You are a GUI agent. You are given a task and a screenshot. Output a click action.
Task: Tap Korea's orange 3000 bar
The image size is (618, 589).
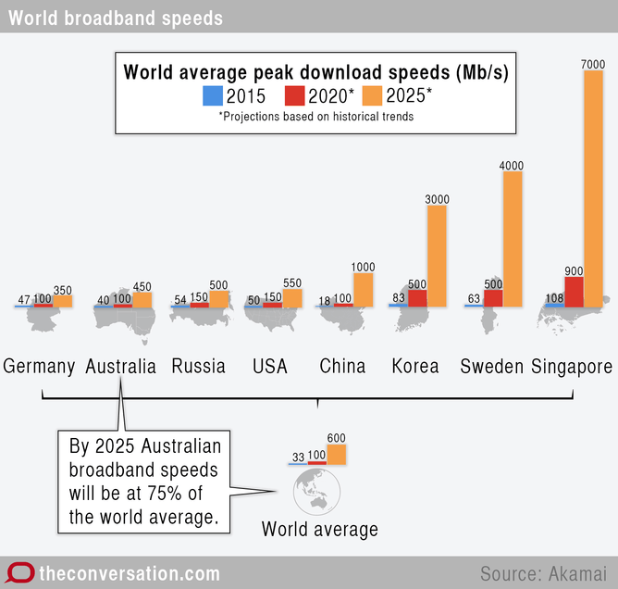tap(437, 256)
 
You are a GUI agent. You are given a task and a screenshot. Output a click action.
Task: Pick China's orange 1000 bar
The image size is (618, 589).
tap(363, 289)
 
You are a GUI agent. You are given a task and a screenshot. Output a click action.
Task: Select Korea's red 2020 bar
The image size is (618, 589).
tap(417, 297)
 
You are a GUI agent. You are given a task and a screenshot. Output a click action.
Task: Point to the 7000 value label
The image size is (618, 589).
tap(593, 63)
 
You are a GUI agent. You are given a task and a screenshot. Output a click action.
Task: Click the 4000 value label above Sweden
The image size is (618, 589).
tap(512, 166)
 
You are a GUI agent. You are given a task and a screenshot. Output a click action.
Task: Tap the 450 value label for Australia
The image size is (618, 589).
tap(142, 286)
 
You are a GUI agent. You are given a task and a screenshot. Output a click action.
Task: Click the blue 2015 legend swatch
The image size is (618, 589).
tap(212, 96)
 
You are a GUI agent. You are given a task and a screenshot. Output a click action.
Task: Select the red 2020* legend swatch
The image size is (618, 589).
tap(294, 96)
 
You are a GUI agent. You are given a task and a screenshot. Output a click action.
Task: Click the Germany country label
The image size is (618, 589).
tap(39, 366)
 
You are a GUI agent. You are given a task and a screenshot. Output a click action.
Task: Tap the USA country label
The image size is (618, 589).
tap(270, 366)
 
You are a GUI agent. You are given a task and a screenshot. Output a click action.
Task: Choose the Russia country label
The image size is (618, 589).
tap(198, 366)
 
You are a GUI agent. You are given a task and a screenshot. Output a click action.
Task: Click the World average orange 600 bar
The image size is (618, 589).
tap(336, 454)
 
